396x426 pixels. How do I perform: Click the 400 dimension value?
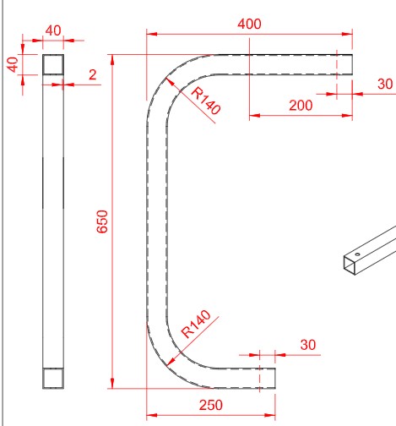click(249, 24)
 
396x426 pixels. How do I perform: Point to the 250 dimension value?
click(211, 404)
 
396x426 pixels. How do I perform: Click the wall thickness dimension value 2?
click(92, 75)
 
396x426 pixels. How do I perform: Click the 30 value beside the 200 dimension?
click(384, 84)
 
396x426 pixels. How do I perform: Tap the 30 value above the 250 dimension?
click(307, 345)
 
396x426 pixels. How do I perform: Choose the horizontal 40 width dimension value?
click(53, 30)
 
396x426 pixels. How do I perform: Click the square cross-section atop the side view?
click(53, 64)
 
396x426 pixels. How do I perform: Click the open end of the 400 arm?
click(350, 64)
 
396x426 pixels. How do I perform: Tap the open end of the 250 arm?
click(274, 378)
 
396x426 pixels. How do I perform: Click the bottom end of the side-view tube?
click(53, 378)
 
